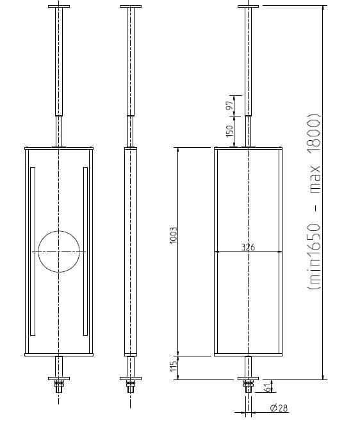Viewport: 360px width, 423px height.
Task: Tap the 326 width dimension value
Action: click(x=248, y=247)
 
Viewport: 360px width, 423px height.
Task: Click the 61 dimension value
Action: click(x=268, y=386)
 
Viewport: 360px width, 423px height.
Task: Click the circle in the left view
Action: click(x=59, y=251)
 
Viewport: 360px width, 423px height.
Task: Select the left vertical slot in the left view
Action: click(x=33, y=251)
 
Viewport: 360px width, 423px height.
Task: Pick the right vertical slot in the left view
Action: click(x=85, y=251)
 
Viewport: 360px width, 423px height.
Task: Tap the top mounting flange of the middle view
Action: click(x=131, y=7)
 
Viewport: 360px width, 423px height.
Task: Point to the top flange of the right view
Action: click(x=248, y=7)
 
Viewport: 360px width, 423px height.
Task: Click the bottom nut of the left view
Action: click(x=59, y=386)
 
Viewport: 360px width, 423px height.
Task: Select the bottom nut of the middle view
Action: click(x=131, y=386)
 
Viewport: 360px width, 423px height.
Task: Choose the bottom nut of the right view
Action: click(x=248, y=386)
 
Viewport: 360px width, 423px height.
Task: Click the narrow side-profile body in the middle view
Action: click(x=131, y=251)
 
